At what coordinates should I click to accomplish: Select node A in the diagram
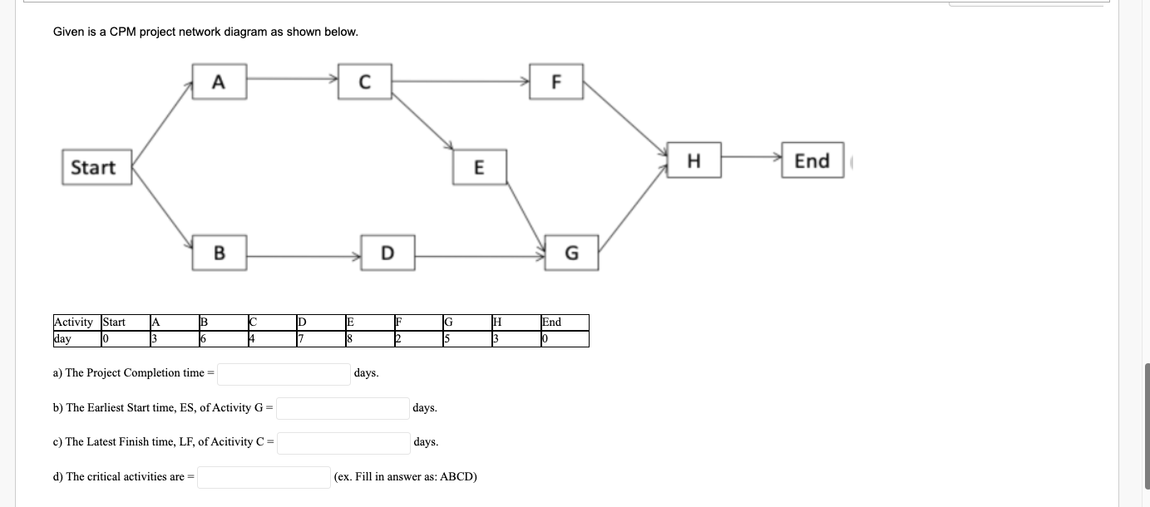click(219, 81)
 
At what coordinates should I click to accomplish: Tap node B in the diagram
click(219, 252)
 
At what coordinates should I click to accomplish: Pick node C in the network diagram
click(364, 81)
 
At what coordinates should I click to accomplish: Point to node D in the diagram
click(387, 252)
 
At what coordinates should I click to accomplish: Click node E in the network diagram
click(478, 167)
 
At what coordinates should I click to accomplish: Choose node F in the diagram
click(556, 81)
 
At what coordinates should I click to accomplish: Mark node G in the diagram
click(571, 252)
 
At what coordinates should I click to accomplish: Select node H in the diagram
click(693, 160)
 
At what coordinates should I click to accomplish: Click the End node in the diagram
click(812, 160)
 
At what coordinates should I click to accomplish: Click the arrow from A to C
click(291, 80)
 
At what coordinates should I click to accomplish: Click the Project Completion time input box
click(284, 374)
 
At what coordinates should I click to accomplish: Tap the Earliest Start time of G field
click(343, 408)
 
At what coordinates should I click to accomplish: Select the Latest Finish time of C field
click(343, 442)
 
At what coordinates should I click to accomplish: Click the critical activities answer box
click(264, 477)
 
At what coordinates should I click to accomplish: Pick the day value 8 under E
click(350, 339)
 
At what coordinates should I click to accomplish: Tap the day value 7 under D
click(301, 339)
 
